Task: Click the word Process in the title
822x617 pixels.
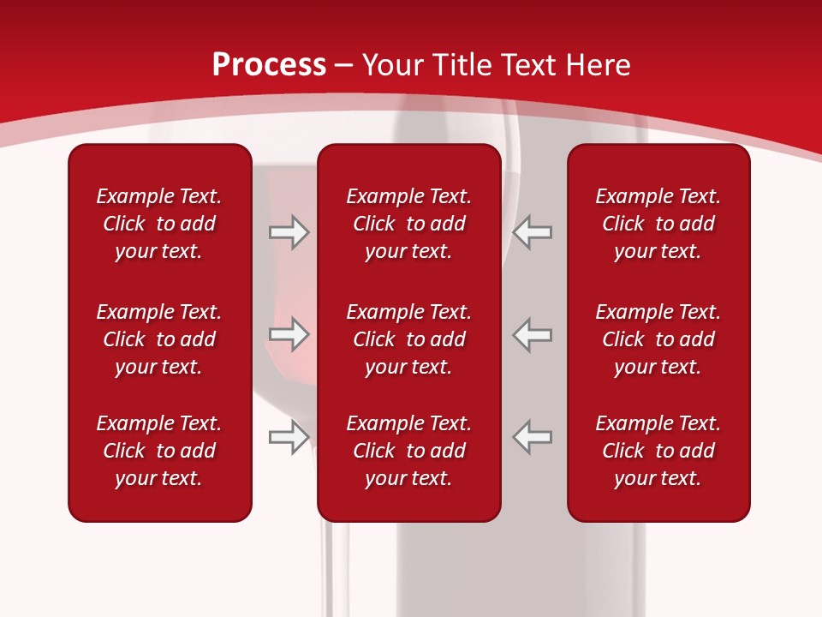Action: [269, 65]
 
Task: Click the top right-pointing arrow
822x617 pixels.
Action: [289, 232]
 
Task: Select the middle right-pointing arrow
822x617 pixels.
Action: [289, 334]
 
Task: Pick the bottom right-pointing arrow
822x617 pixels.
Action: [289, 437]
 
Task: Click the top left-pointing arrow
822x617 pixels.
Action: [533, 232]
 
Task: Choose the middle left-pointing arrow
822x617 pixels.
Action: [533, 334]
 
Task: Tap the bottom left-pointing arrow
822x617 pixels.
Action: [533, 437]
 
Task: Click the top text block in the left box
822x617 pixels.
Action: [159, 224]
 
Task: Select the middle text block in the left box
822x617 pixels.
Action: [159, 339]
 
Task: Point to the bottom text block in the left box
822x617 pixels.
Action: [159, 451]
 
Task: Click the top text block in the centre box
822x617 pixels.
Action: [409, 224]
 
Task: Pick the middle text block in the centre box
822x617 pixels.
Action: [409, 339]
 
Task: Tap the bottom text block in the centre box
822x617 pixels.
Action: [409, 451]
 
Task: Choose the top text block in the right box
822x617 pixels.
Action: [658, 224]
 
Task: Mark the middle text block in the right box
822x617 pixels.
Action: [658, 339]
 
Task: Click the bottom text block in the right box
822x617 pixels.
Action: [658, 451]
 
